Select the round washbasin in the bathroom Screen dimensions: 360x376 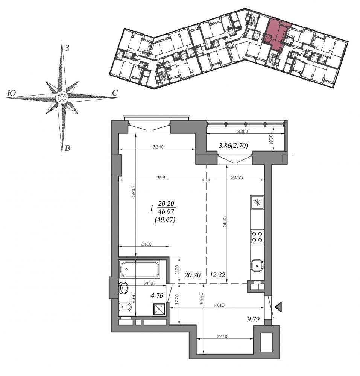click(124, 287)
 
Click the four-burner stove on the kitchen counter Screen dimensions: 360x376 click(257, 237)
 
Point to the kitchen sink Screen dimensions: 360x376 click(257, 265)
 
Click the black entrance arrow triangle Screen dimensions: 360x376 click(278, 307)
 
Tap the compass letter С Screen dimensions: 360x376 click(115, 93)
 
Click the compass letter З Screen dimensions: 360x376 click(67, 48)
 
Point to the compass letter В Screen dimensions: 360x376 click(67, 148)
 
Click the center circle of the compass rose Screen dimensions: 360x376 click(62, 98)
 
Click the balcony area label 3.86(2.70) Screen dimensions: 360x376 click(233, 145)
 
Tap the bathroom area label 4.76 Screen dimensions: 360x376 click(157, 296)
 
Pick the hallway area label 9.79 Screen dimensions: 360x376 click(253, 319)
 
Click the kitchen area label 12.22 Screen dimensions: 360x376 click(217, 275)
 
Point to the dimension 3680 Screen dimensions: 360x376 click(162, 178)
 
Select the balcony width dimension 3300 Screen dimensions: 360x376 click(242, 131)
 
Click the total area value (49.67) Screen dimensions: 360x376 click(165, 219)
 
